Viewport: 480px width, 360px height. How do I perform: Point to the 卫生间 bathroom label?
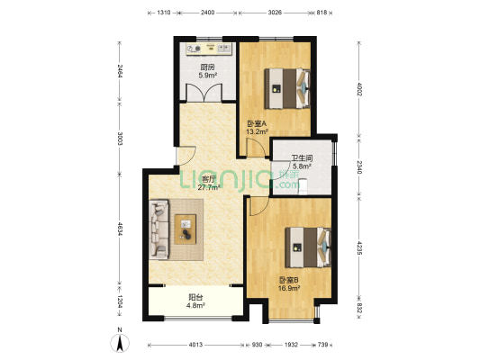300,158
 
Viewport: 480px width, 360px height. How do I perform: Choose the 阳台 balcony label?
195,296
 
